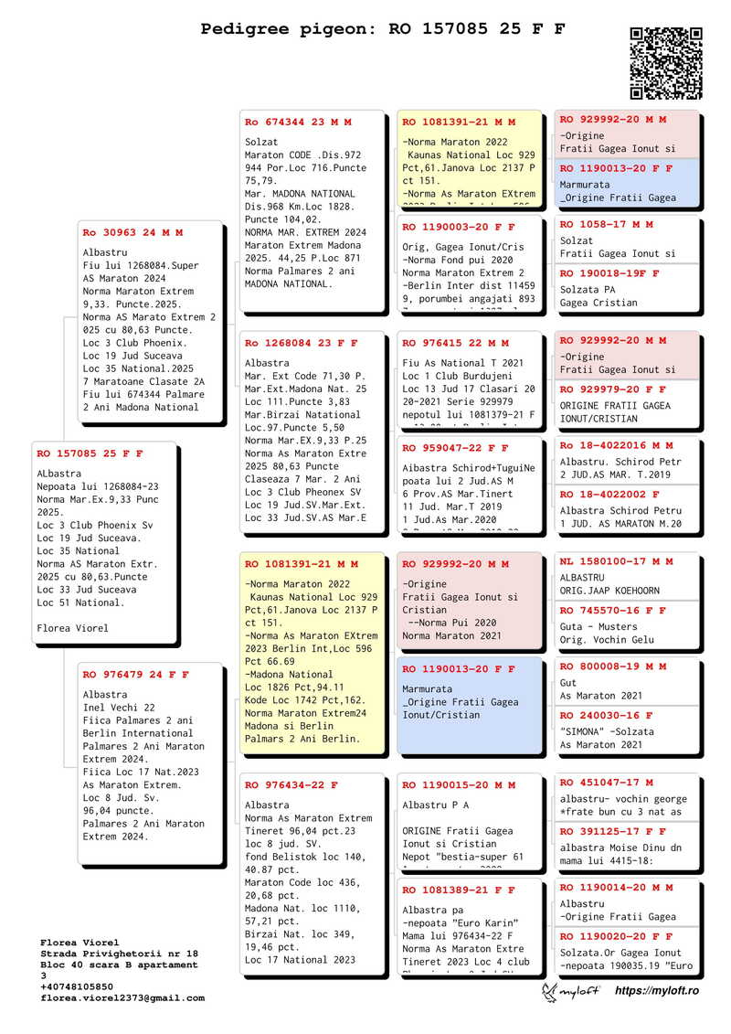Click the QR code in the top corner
(x=666, y=63)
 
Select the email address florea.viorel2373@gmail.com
(x=122, y=998)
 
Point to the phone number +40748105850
(x=77, y=987)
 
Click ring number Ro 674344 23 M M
(x=298, y=122)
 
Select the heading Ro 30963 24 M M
(x=132, y=233)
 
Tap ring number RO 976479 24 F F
(x=135, y=675)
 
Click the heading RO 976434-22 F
(x=291, y=785)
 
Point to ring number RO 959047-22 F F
(x=455, y=449)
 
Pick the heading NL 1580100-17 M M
(x=616, y=561)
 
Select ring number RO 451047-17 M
(x=606, y=783)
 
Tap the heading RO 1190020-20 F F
(x=616, y=936)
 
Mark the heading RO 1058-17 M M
(x=606, y=224)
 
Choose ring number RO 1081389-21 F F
(x=459, y=890)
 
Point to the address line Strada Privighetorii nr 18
(x=119, y=954)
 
